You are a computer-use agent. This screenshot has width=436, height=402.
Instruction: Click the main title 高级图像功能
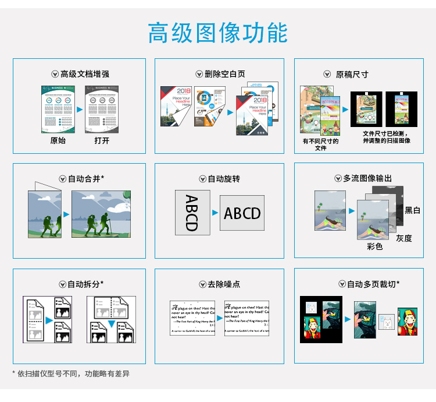coord(217,33)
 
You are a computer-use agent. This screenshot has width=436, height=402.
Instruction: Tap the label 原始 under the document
coord(58,140)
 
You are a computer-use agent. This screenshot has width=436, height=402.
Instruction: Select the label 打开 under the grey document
coord(102,140)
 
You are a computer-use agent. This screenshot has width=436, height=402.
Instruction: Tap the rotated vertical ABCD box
coord(191,213)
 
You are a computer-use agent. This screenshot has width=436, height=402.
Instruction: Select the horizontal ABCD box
coord(242,213)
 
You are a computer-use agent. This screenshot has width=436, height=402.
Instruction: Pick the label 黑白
coord(412,210)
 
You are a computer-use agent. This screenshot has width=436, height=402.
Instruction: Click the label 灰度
coord(404,238)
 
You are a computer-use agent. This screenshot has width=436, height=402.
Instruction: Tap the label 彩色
coord(375,246)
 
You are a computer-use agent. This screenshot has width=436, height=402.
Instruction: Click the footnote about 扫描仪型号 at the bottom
coord(71,373)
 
